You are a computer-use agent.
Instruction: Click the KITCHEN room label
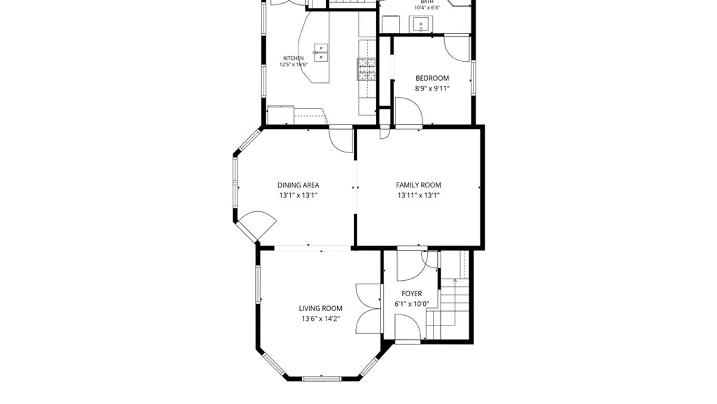point(293,58)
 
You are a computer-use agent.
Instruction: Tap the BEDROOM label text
point(432,78)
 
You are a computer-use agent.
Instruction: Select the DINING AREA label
point(298,185)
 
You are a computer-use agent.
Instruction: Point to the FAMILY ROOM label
point(418,185)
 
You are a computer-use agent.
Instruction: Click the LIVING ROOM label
point(320,308)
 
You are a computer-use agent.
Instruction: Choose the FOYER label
point(412,294)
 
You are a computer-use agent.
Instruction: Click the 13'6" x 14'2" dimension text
point(320,319)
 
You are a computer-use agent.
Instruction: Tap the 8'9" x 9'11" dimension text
point(432,89)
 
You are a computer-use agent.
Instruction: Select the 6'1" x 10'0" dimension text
point(412,304)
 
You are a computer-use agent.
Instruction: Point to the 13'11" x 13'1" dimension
point(418,195)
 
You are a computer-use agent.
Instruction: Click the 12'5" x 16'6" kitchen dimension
point(294,64)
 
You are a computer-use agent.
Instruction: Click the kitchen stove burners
point(366,69)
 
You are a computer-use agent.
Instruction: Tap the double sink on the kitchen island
point(321,52)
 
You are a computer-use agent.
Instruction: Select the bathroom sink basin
point(421,25)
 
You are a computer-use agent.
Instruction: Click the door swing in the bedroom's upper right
point(457,48)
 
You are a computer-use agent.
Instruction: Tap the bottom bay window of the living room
point(321,379)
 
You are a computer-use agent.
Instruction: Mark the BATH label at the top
point(427,2)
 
